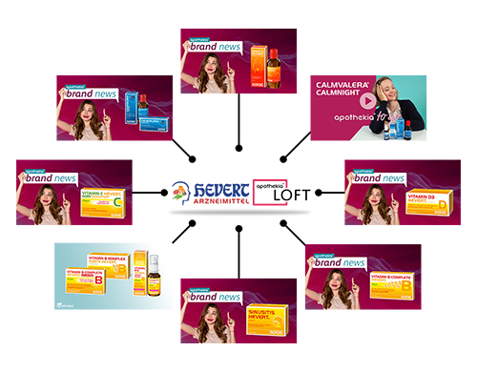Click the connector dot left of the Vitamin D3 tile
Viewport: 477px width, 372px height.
click(x=318, y=192)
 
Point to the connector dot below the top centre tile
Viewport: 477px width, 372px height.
click(x=238, y=150)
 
